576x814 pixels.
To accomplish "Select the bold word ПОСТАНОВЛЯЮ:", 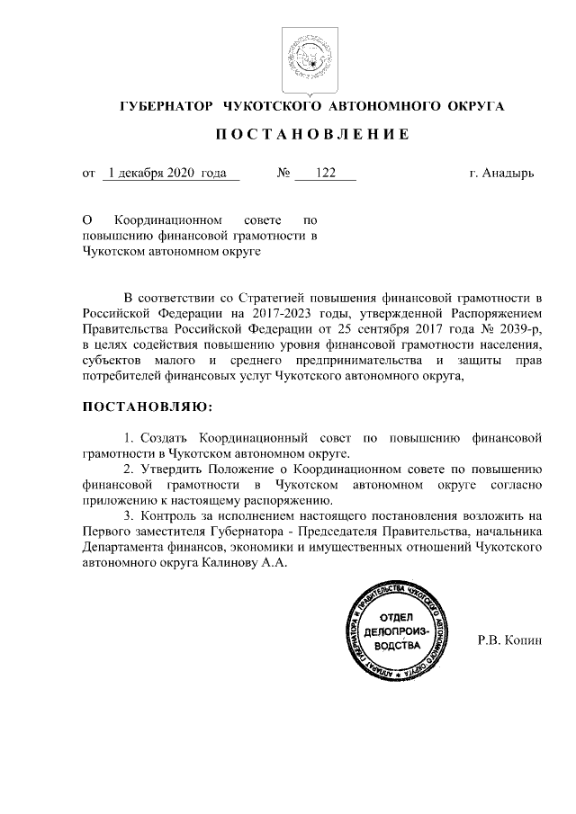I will [x=148, y=408].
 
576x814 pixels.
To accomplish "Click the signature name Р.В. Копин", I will [x=509, y=641].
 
